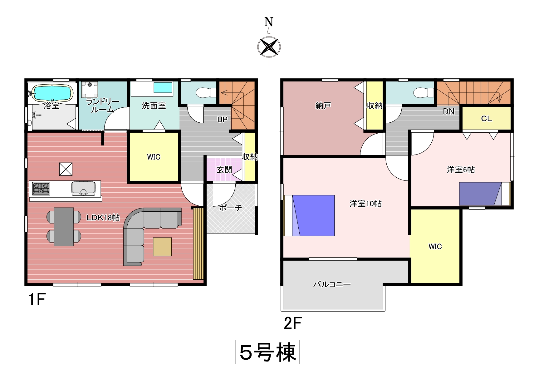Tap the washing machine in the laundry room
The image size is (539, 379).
tap(90, 90)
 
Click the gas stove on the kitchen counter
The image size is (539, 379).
tap(41, 189)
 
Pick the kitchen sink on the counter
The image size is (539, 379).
tap(83, 189)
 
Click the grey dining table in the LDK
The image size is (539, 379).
tap(64, 227)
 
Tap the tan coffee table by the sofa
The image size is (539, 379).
tap(162, 247)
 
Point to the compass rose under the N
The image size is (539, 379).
tap(269, 47)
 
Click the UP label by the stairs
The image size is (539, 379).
tap(223, 119)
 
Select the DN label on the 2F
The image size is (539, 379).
tap(448, 111)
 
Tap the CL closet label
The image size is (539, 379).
tap(487, 119)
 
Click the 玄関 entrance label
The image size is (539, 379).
tap(224, 170)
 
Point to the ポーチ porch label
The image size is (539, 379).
tap(230, 208)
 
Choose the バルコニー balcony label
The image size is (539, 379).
tap(332, 284)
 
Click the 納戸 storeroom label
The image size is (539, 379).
tap(323, 106)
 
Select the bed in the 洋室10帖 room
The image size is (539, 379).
tap(309, 215)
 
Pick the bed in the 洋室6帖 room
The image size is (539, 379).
tap(484, 194)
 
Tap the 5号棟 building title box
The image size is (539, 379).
tap(267, 352)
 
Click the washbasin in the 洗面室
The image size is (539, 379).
tap(163, 87)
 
